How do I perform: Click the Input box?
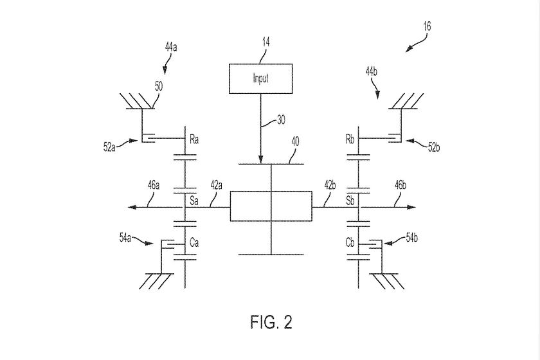click(260, 78)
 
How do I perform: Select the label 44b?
click(371, 73)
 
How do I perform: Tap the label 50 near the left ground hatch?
click(158, 84)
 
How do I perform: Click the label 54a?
click(126, 239)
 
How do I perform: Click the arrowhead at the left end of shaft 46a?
click(132, 208)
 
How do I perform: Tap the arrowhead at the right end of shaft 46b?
click(412, 208)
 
